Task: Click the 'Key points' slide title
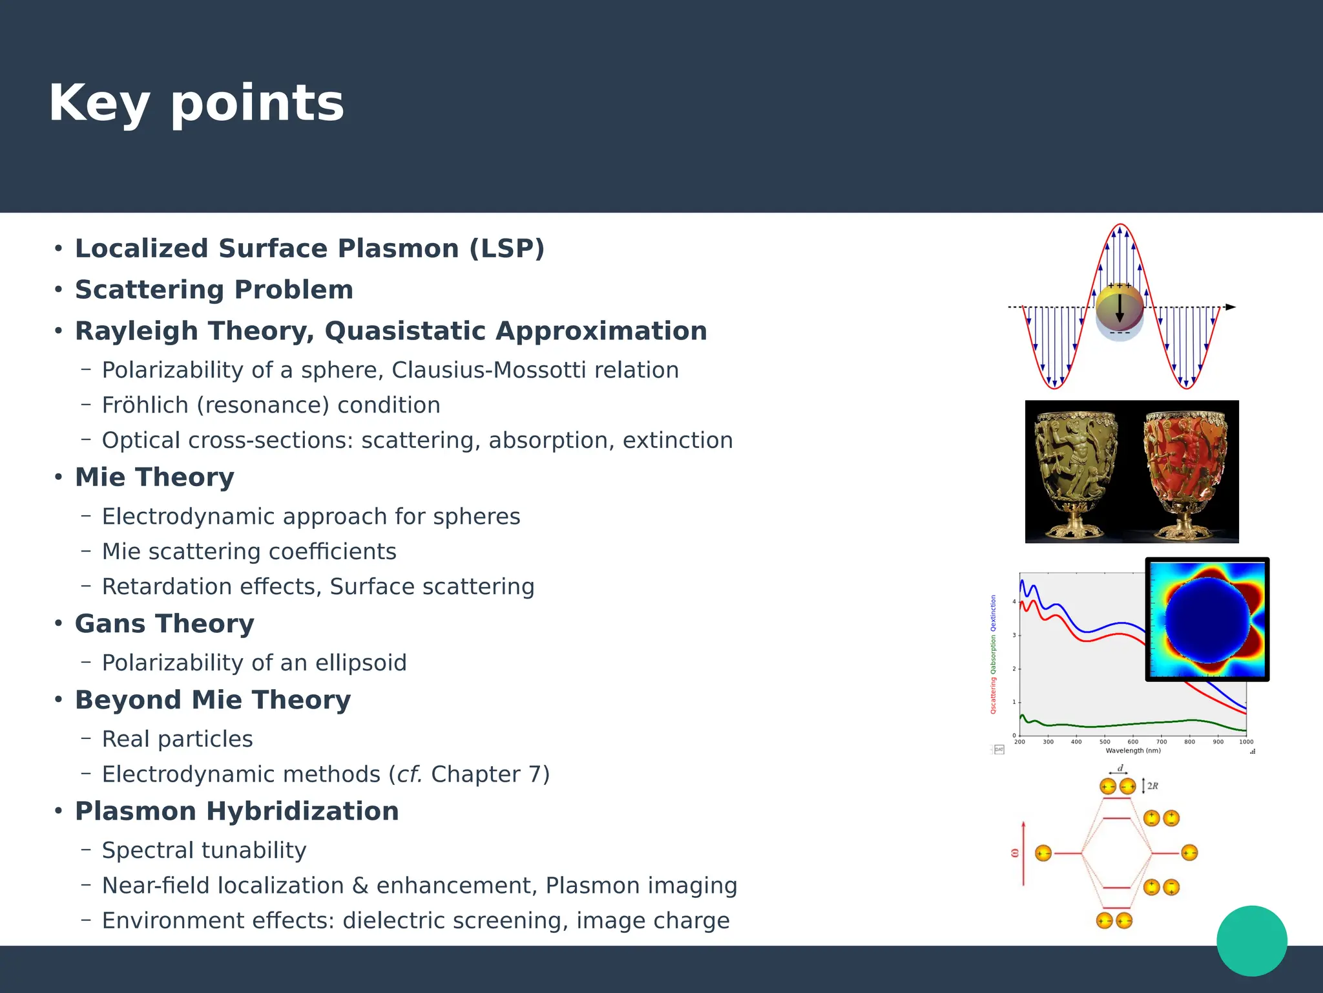pos(196,103)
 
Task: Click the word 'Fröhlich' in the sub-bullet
pos(145,405)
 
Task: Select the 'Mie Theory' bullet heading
pos(154,477)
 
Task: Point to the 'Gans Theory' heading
pos(164,624)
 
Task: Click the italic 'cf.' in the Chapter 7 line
pos(409,774)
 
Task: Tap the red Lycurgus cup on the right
pos(1185,472)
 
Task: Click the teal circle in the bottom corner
pos(1251,941)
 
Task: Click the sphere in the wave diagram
pos(1120,311)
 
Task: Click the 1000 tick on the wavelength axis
pos(1245,742)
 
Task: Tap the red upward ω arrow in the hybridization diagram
pos(1023,853)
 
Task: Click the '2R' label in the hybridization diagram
pos(1152,786)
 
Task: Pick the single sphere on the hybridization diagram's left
pos(1043,853)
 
